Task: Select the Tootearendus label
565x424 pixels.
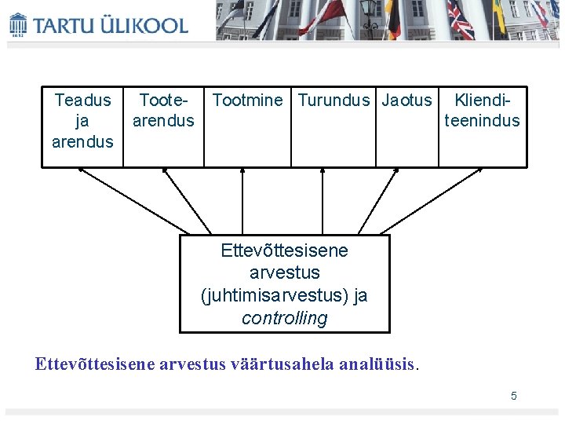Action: [x=163, y=111]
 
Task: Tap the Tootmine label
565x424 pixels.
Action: [x=247, y=101]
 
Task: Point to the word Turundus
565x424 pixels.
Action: [x=334, y=101]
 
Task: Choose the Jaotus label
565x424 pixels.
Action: [x=406, y=101]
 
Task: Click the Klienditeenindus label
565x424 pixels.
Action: [x=482, y=111]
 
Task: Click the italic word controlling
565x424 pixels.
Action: [x=284, y=318]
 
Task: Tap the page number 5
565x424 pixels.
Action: [x=514, y=396]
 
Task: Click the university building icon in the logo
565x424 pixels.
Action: [x=18, y=24]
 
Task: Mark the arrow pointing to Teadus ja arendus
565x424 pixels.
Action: [x=133, y=200]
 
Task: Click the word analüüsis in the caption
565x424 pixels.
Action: [x=380, y=364]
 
